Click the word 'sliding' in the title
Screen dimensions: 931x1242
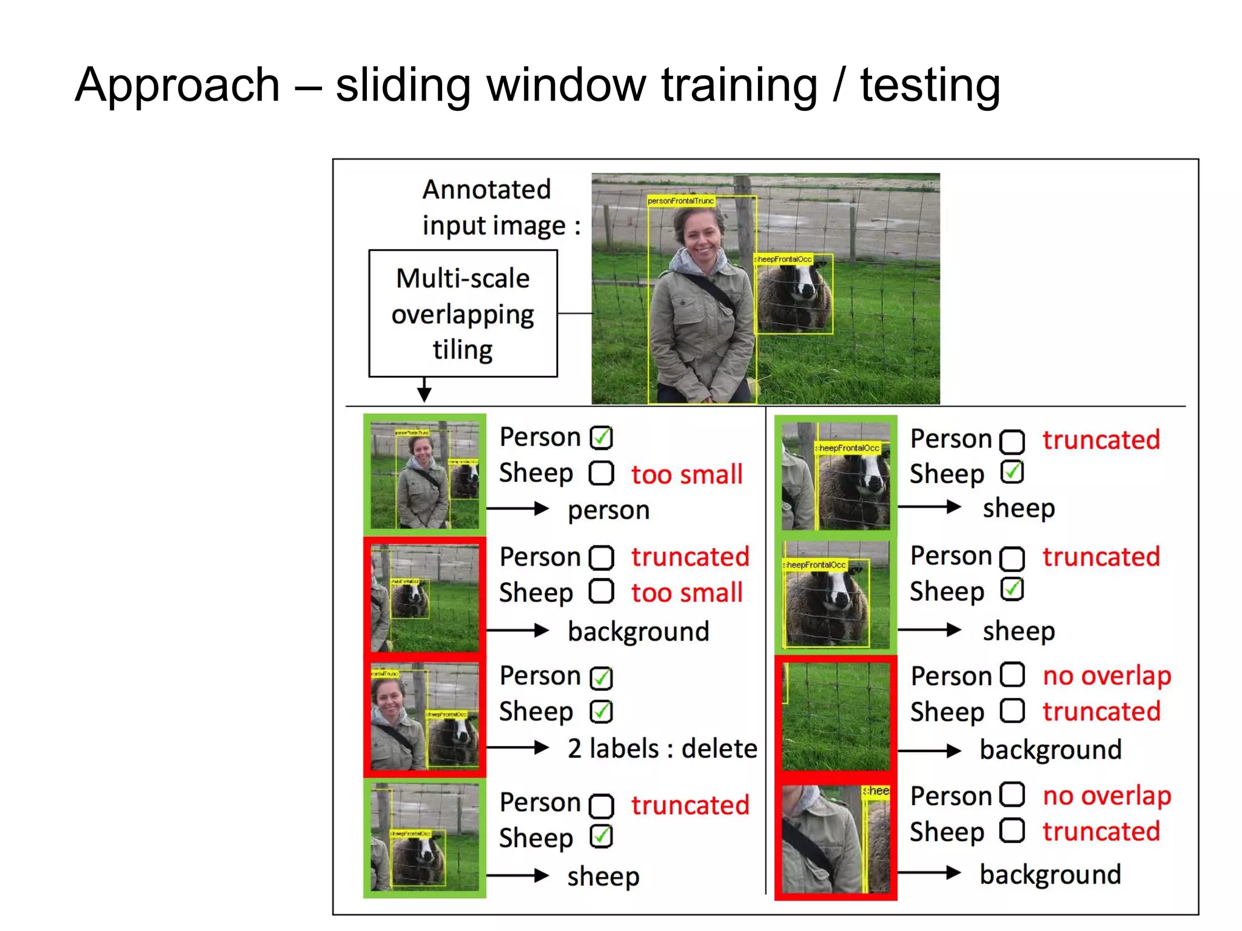[403, 85]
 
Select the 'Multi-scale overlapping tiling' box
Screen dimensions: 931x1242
[463, 313]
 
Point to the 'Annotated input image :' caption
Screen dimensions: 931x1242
[500, 207]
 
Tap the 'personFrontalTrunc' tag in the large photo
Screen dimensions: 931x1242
[680, 201]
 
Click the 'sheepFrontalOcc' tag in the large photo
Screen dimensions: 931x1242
[783, 259]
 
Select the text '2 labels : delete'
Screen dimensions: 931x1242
[662, 749]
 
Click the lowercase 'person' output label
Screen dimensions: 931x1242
[608, 510]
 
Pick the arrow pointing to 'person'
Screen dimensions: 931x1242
[517, 509]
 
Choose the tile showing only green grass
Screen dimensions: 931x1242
[836, 716]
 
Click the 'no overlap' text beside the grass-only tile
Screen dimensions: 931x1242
[1107, 676]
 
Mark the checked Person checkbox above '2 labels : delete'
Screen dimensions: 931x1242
[602, 678]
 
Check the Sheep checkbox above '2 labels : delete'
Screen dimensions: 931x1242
[602, 712]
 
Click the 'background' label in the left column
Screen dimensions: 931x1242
[639, 632]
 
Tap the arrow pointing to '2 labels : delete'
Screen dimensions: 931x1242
[517, 748]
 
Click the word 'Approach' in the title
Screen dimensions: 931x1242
[177, 85]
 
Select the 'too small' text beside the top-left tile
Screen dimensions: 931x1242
[686, 475]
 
